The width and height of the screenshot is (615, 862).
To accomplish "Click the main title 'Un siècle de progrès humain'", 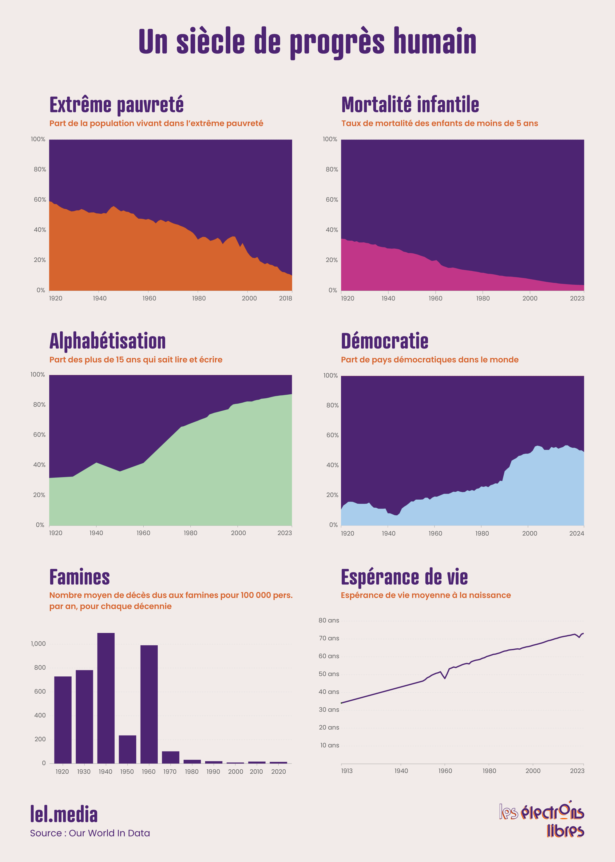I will coord(307,42).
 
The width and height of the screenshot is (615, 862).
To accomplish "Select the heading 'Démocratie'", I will coord(384,341).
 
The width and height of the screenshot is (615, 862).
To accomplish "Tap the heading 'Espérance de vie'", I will coord(404,577).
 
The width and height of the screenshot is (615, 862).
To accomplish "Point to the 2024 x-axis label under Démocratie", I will coord(576,533).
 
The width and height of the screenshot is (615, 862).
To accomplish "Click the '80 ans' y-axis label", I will coord(329,621).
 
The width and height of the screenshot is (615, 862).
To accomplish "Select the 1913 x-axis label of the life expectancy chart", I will coord(347,771).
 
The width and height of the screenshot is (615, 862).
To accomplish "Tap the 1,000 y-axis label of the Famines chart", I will coord(38,644).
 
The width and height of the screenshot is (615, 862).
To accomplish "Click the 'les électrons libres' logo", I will coord(542,820).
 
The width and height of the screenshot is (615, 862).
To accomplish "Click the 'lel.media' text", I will coord(64,815).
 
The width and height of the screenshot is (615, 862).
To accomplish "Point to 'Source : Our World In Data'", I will coord(90,833).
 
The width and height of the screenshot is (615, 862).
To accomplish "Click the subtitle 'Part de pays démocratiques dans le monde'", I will coord(430,360).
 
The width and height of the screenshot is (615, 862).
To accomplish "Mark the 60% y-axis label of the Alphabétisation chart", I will coord(39,435).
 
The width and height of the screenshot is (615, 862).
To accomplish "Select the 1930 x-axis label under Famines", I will coord(84,772).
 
